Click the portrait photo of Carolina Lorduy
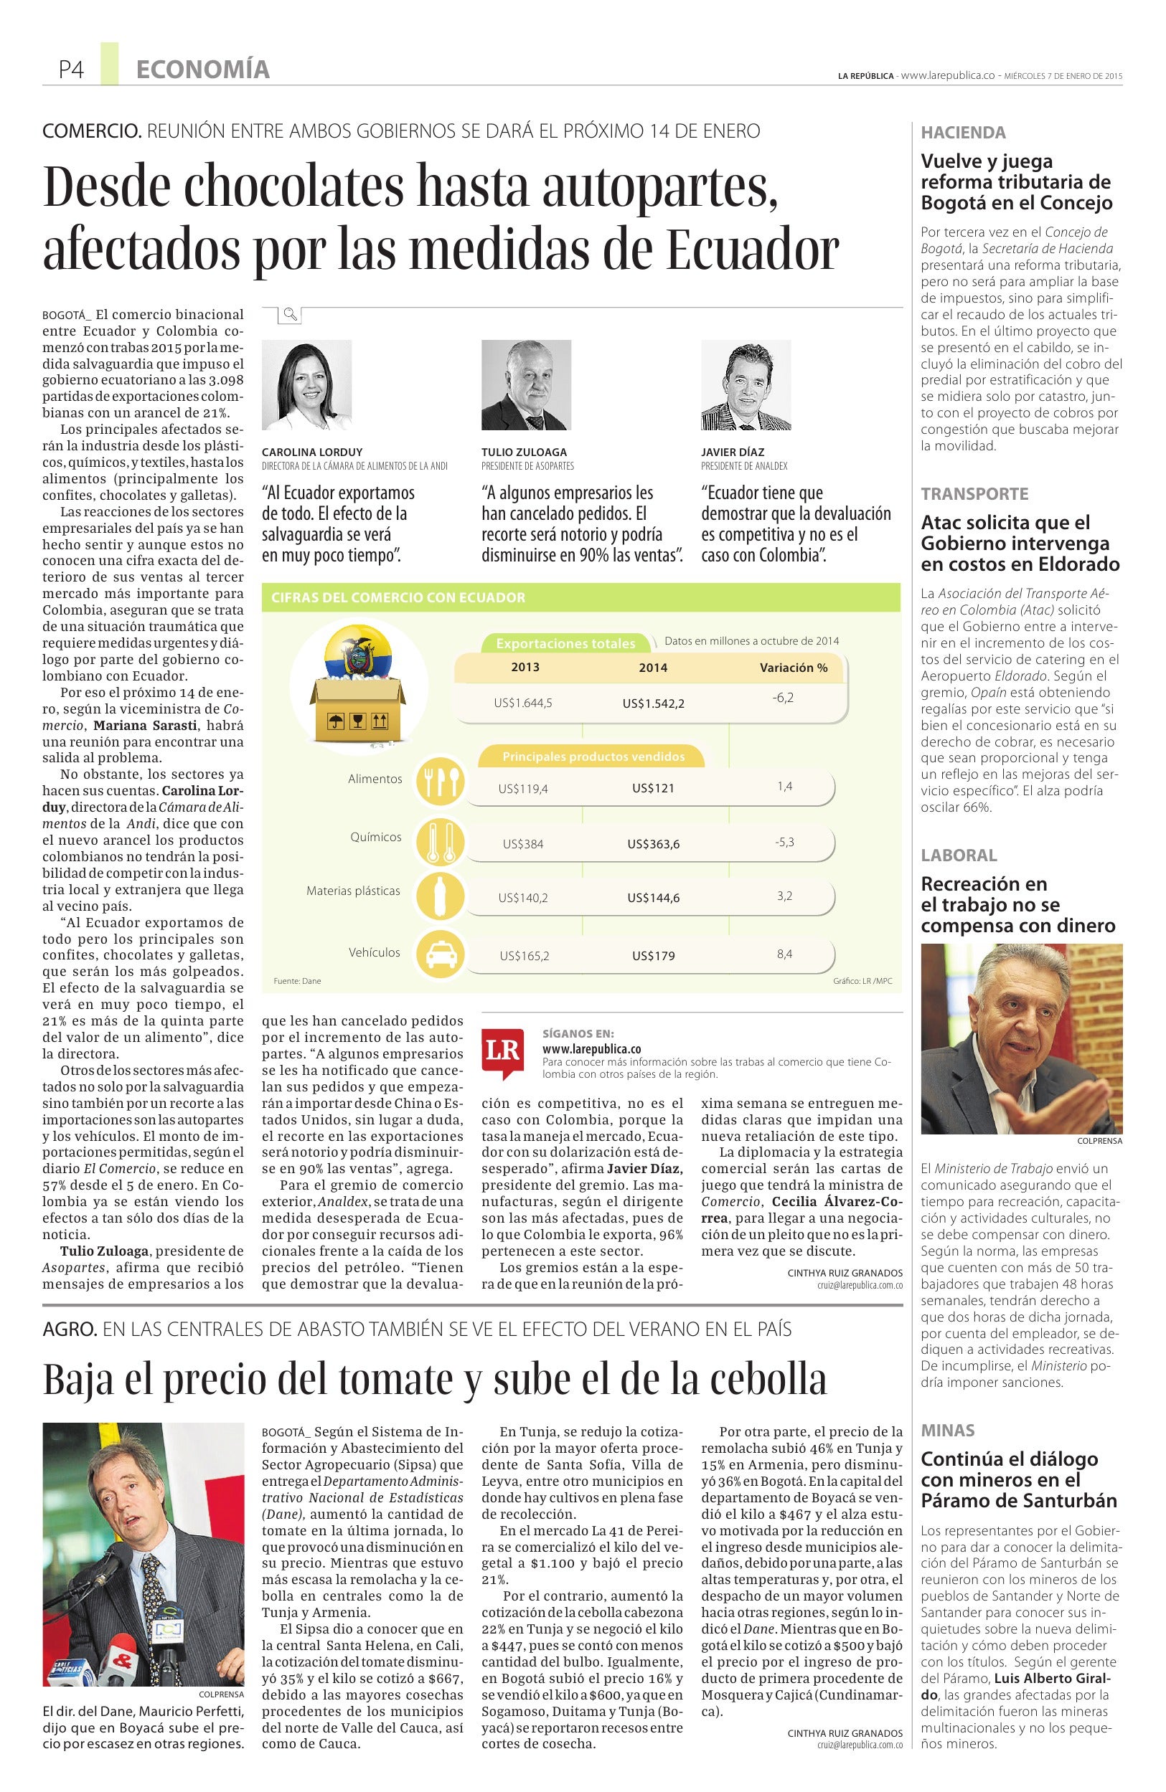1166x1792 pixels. point(306,385)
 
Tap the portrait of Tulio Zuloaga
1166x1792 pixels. point(526,385)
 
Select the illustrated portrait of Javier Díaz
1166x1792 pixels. point(746,385)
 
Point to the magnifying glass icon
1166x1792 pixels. point(290,314)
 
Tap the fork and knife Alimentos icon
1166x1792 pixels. point(441,784)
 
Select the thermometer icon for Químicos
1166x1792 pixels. point(441,841)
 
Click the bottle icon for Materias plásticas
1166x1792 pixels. point(441,896)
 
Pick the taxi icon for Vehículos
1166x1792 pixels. point(441,954)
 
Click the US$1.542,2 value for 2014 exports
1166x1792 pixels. point(653,703)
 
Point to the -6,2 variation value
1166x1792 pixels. point(783,698)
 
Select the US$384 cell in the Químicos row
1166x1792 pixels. point(524,844)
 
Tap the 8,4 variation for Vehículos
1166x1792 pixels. point(784,954)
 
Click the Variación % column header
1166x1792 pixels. point(793,668)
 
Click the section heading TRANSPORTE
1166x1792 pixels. point(964,494)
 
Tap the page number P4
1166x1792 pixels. point(71,70)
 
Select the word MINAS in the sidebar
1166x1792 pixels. point(948,1431)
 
